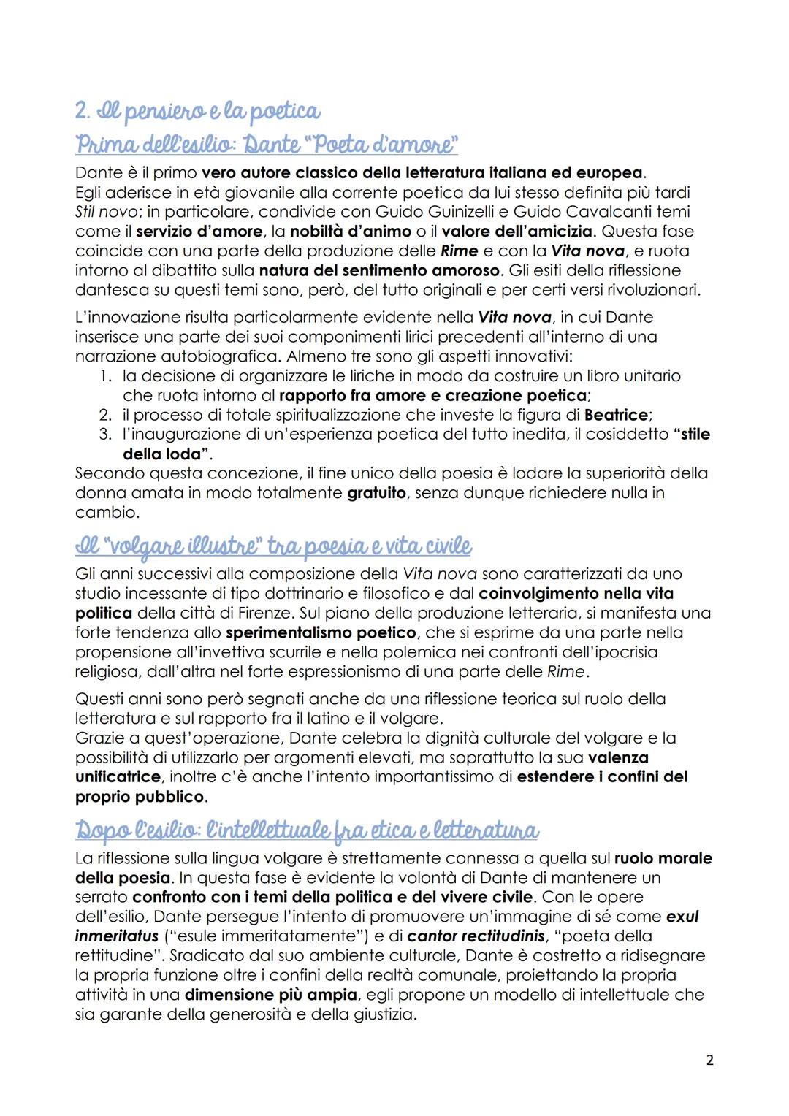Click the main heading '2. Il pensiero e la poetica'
[x=197, y=110]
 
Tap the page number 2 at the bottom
[x=709, y=1060]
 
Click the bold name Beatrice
[x=616, y=415]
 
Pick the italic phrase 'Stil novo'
[x=105, y=212]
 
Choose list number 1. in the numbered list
[x=105, y=376]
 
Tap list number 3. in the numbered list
[x=105, y=435]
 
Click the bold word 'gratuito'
[x=376, y=493]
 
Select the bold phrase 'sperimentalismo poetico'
[x=321, y=632]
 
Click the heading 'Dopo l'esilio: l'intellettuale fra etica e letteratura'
[x=307, y=830]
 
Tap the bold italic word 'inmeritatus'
[x=117, y=936]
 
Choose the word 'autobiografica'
[x=220, y=356]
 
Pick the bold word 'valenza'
[x=618, y=757]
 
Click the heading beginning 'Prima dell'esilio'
[x=266, y=144]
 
